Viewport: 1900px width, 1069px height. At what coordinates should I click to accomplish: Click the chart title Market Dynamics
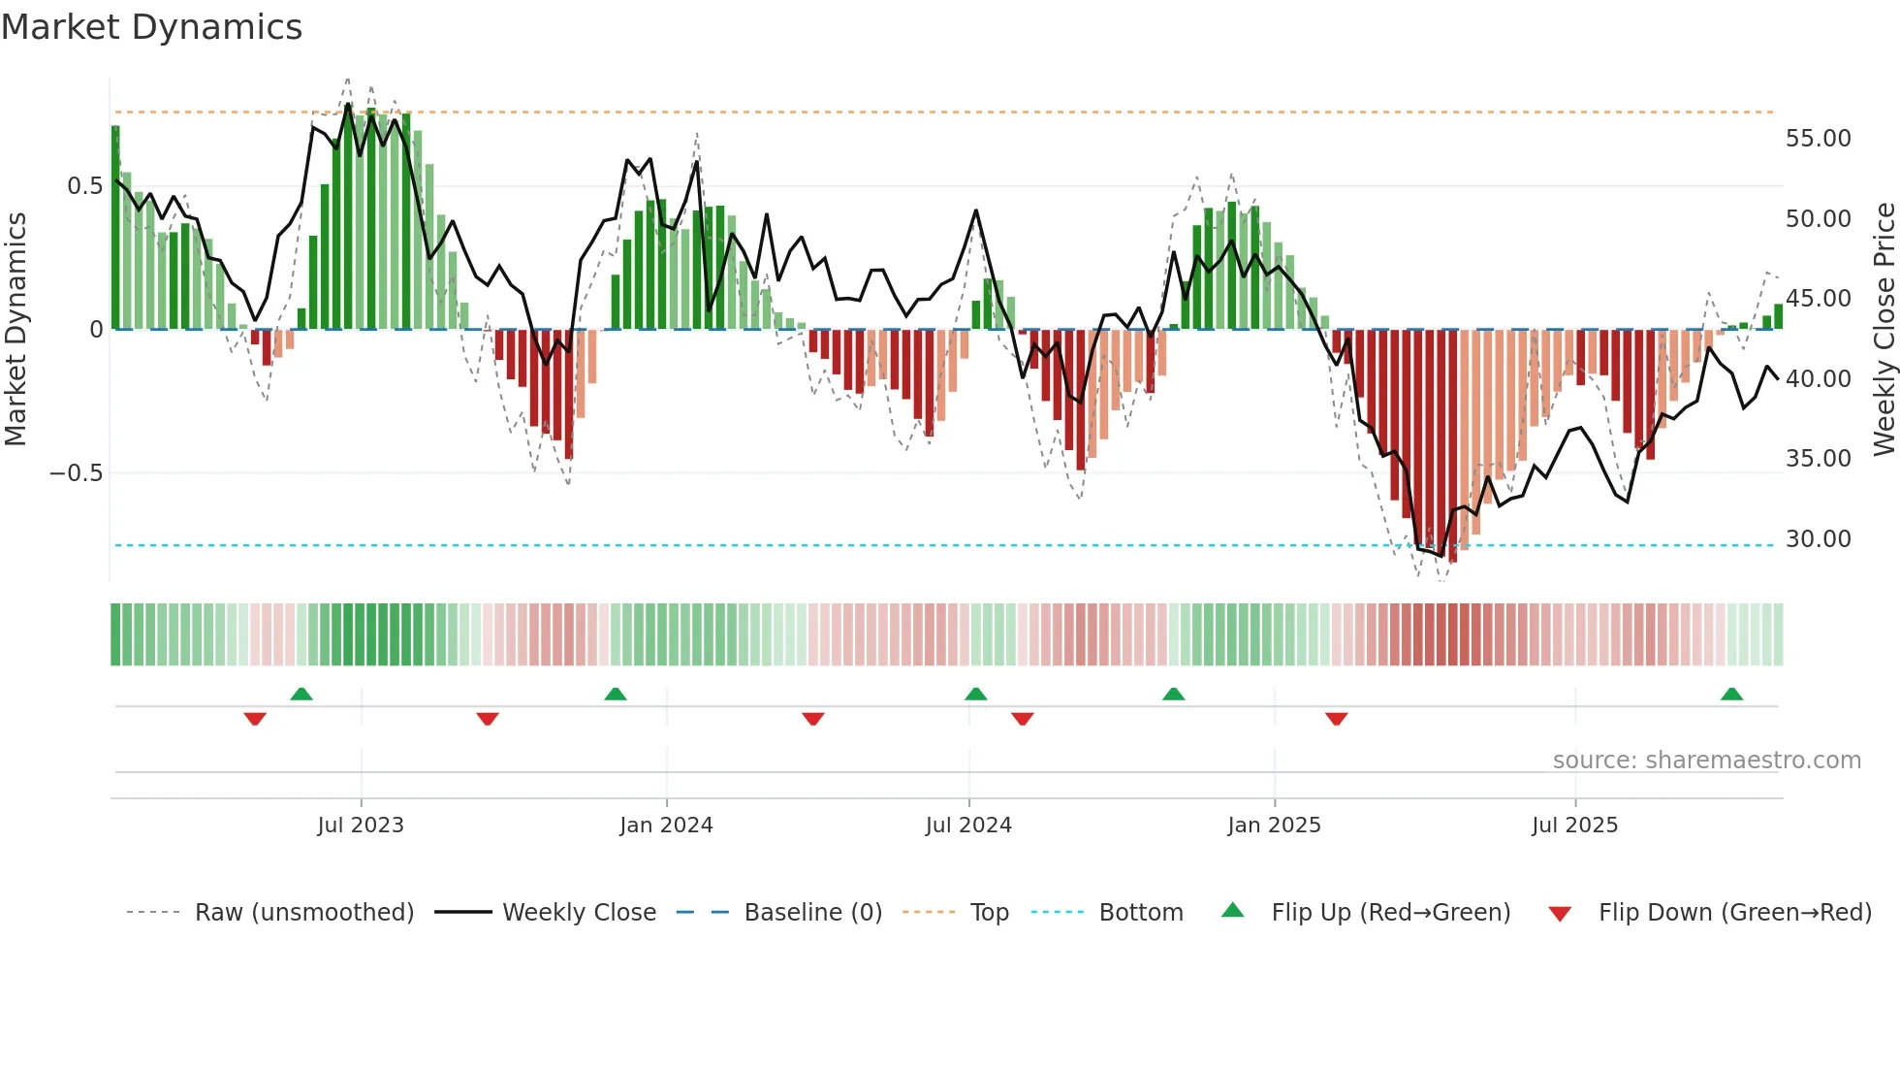(152, 27)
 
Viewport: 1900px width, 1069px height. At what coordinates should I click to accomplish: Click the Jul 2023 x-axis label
(361, 826)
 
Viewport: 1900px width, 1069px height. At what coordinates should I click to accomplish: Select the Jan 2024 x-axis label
(666, 826)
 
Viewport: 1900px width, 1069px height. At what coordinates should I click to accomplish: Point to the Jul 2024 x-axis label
(968, 826)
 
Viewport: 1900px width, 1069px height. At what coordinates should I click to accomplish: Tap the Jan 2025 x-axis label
(1274, 826)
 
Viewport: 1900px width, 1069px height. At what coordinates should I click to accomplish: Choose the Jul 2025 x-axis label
(1575, 826)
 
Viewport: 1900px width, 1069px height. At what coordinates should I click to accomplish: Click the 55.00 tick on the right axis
(1818, 139)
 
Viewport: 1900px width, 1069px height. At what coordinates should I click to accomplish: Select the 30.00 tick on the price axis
(1818, 539)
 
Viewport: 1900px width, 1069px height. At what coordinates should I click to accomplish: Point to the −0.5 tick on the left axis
(76, 473)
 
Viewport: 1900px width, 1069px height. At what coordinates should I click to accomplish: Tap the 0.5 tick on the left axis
(84, 186)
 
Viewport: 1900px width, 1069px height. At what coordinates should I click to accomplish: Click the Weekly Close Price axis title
(1884, 330)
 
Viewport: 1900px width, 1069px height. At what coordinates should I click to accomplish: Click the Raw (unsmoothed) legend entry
(303, 913)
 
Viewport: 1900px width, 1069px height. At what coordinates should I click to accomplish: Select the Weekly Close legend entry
(579, 913)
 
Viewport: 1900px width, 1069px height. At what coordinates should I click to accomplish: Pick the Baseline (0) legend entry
(812, 913)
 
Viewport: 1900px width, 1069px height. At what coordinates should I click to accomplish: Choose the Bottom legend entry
(1140, 913)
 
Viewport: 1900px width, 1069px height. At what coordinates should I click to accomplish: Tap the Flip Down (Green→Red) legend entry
(1734, 913)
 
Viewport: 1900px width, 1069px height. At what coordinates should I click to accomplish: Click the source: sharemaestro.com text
(1706, 761)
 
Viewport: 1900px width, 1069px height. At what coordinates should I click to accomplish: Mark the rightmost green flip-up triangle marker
(1731, 695)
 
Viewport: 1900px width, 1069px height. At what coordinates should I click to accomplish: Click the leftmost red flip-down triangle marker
(255, 719)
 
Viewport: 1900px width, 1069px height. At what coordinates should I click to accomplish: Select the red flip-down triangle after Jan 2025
(1336, 719)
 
